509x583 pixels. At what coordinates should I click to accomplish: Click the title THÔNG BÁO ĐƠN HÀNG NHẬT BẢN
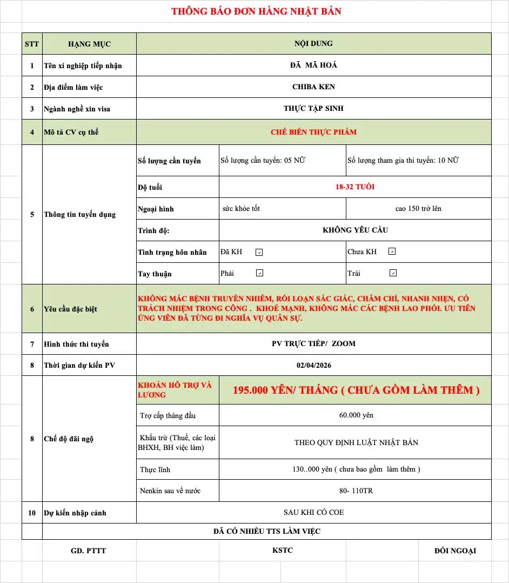coord(256,11)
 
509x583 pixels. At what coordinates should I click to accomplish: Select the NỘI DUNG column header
coord(313,43)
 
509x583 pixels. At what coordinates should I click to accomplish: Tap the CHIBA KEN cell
coord(313,87)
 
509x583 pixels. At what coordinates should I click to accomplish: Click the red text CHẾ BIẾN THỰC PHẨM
coord(313,132)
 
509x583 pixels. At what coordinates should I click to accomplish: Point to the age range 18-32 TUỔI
coord(355,187)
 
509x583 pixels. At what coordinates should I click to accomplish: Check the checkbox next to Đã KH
coord(259,252)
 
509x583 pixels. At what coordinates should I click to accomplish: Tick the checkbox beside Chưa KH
coord(392,251)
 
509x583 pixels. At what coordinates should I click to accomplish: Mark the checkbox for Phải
coord(259,273)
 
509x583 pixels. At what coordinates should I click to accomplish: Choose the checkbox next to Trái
coord(393,273)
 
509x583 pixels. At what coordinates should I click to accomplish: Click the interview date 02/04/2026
coord(313,365)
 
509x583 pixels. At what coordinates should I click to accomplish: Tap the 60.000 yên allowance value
coord(355,415)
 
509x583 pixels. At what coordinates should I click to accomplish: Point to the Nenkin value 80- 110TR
coord(355,491)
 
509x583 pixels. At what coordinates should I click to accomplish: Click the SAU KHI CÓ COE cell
coord(313,512)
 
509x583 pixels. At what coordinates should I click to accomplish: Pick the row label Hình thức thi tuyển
coord(76,344)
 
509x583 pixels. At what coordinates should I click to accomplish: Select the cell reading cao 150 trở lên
coord(418,208)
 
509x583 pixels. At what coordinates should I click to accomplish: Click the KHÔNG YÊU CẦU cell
coord(355,230)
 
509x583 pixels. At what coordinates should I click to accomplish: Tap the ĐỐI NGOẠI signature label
coord(455,551)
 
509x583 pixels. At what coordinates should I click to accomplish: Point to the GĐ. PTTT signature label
coord(89,551)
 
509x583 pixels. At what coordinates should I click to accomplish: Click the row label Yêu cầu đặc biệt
coord(71,309)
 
